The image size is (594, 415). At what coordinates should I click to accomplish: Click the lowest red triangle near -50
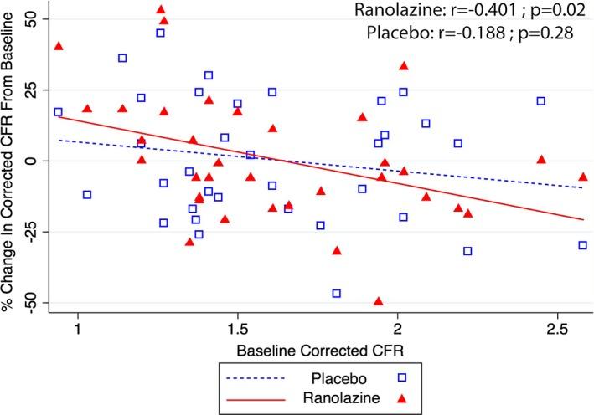pos(378,301)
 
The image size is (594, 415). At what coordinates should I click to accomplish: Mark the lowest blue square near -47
pos(337,294)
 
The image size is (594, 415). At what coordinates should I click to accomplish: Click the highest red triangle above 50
pos(161,10)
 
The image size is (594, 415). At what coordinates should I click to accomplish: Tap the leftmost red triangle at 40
pos(59,46)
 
